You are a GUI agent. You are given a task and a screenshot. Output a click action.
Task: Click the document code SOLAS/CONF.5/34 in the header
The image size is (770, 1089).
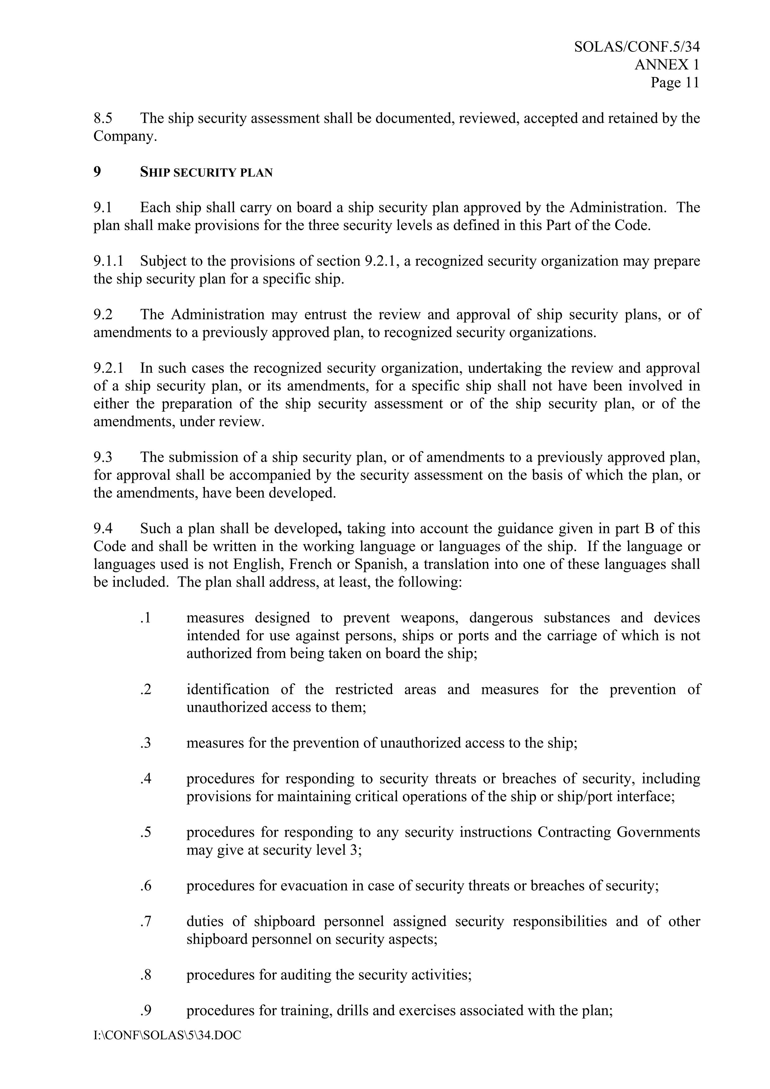(x=637, y=47)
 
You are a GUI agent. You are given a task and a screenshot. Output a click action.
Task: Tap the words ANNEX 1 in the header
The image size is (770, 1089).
(x=667, y=65)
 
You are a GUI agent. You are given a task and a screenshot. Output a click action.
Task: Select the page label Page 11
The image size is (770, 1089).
(x=675, y=83)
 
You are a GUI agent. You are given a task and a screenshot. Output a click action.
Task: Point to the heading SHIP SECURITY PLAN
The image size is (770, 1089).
(x=206, y=172)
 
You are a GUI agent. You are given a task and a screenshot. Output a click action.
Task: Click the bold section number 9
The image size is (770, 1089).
(x=97, y=172)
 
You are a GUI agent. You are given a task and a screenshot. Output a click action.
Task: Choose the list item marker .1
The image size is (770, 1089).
(x=146, y=618)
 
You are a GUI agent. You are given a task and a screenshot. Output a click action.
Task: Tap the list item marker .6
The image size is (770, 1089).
(x=146, y=885)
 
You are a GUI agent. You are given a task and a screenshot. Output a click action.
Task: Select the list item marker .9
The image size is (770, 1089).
(x=146, y=1011)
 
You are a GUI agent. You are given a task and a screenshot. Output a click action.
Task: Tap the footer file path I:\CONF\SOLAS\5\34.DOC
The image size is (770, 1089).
(x=167, y=1035)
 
